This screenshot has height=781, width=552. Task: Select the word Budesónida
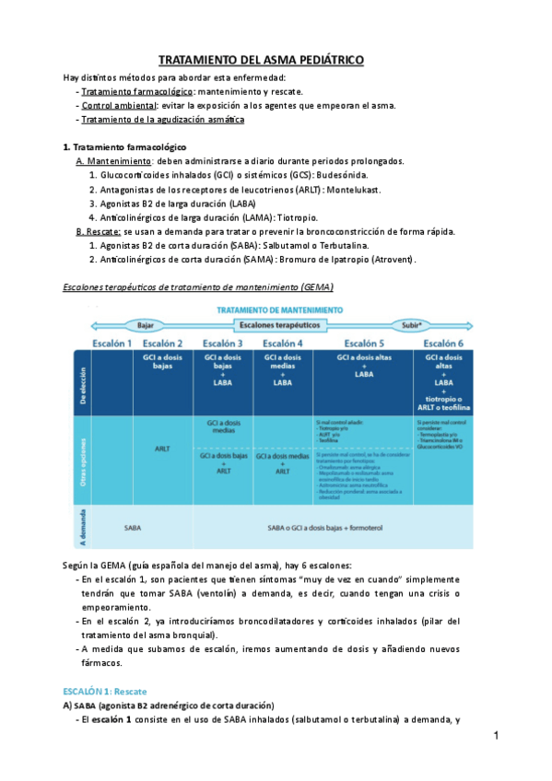pos(346,174)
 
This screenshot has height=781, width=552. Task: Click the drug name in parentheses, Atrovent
pos(391,260)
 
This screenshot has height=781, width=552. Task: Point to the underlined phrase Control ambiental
pos(112,105)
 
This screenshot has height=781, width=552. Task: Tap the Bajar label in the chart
pos(146,326)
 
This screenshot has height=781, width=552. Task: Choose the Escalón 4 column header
pos(282,343)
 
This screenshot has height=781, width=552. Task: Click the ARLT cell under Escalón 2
pos(161,449)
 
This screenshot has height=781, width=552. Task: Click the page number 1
pos(496,737)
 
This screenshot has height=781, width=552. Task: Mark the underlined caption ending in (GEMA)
pos(197,287)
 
